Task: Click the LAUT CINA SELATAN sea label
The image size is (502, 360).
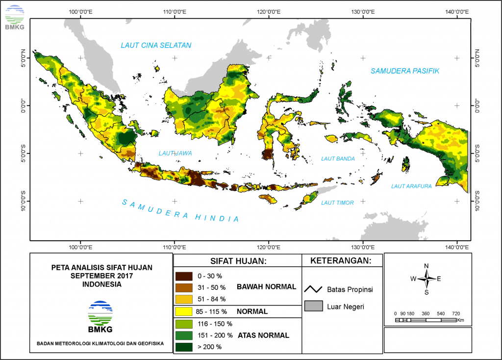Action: pyautogui.click(x=156, y=46)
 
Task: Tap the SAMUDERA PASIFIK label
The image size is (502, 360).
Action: pyautogui.click(x=404, y=71)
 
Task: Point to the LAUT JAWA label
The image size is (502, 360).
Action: pyautogui.click(x=175, y=154)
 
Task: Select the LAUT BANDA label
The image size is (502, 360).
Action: pyautogui.click(x=337, y=158)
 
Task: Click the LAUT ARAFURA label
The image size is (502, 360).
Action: pyautogui.click(x=411, y=186)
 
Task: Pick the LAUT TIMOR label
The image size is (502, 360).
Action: pyautogui.click(x=337, y=203)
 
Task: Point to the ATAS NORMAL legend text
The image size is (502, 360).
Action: pyautogui.click(x=263, y=335)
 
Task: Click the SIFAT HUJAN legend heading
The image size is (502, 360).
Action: pyautogui.click(x=237, y=260)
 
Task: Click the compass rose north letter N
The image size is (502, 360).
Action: pyautogui.click(x=426, y=266)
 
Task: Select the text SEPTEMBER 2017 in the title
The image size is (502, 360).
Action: pyautogui.click(x=102, y=276)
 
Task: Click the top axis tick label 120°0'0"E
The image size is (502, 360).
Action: pyautogui.click(x=268, y=12)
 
